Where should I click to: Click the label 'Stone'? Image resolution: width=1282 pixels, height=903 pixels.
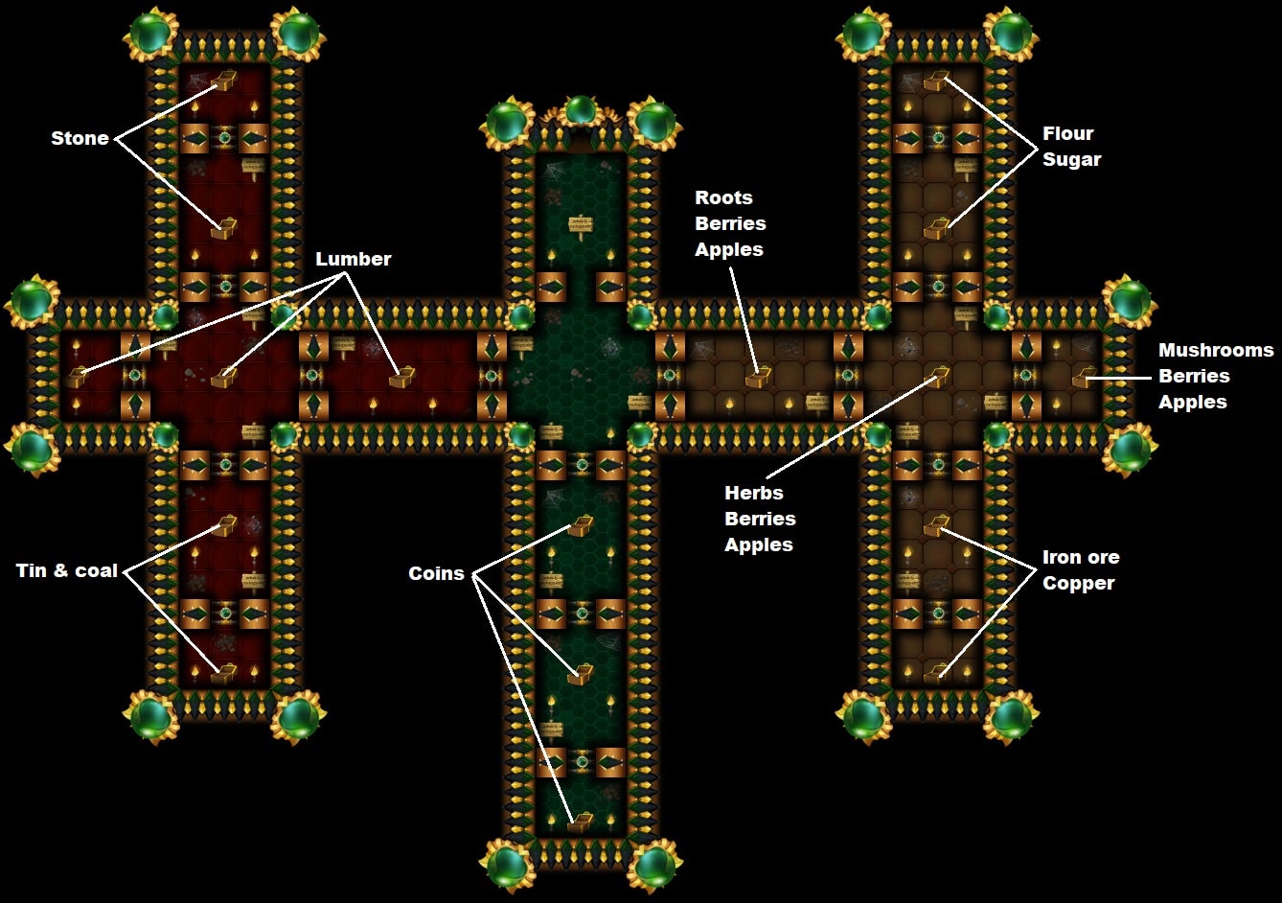pos(80,138)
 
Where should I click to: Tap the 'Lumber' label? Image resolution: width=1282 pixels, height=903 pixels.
pos(353,259)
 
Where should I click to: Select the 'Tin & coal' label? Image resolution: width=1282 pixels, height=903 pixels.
pos(67,570)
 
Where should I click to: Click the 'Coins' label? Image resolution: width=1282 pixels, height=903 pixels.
pos(436,573)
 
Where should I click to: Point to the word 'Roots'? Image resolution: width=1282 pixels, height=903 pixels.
pos(723,197)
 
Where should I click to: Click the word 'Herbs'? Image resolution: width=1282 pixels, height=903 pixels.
pos(753,493)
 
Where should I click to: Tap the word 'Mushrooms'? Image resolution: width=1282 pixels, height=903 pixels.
pos(1215,350)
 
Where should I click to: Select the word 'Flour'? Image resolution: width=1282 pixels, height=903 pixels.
pos(1067,133)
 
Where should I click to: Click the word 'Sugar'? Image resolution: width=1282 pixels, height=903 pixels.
pos(1071,159)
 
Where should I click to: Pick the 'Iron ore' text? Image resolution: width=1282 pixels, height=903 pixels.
pos(1081,557)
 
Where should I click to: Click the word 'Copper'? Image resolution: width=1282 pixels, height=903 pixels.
pos(1078,583)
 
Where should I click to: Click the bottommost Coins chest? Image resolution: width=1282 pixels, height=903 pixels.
pos(580,822)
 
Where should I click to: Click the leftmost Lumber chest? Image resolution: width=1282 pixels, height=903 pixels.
pos(77,377)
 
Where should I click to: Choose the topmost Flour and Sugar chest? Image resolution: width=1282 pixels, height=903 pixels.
pos(936,81)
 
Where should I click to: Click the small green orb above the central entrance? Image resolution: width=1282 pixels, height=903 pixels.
pos(580,109)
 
